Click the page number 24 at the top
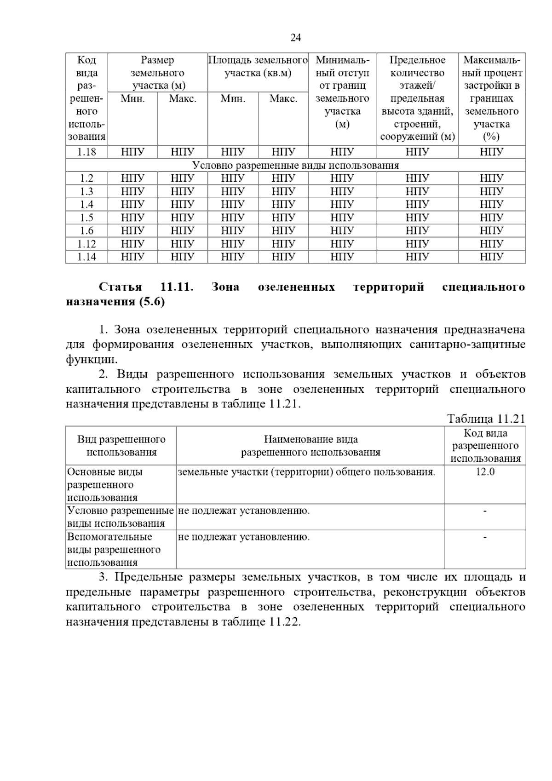click(x=295, y=38)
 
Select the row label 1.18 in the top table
click(x=86, y=152)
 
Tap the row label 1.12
click(x=86, y=244)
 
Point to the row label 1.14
click(x=86, y=257)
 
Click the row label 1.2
click(x=86, y=178)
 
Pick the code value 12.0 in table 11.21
click(x=485, y=472)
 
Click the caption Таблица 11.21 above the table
click(x=486, y=419)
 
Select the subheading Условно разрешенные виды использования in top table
click(x=295, y=165)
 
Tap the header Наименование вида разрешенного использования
click(x=310, y=446)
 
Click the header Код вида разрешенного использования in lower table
click(x=485, y=446)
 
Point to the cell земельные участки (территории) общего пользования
click(x=306, y=472)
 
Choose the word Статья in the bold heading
click(x=121, y=287)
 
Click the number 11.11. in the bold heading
click(x=177, y=287)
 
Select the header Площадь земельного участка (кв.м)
click(x=258, y=67)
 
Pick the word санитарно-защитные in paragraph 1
click(x=467, y=345)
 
